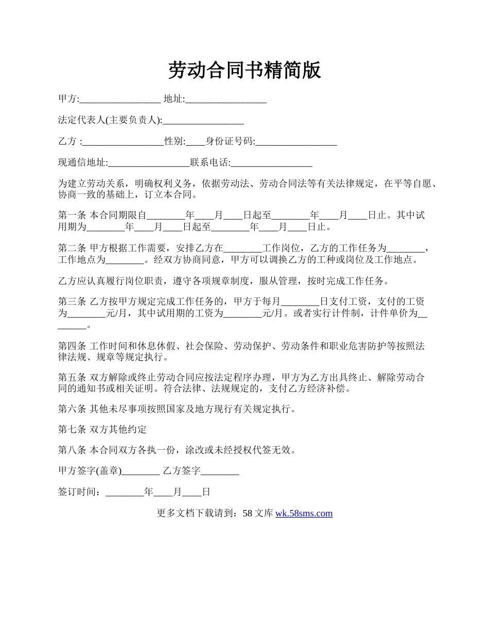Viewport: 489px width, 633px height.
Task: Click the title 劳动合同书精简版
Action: coord(244,71)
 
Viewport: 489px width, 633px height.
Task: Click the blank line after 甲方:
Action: coord(120,99)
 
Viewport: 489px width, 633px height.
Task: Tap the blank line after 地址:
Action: coord(225,99)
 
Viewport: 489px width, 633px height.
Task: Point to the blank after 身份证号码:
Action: coord(296,142)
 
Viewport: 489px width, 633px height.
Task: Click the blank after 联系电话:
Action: coord(271,163)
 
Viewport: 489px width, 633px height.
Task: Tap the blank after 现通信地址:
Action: coord(149,163)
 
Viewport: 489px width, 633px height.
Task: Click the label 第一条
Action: coord(72,216)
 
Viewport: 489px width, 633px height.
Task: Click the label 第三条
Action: coord(72,302)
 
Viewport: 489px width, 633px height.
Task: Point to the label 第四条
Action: coord(72,345)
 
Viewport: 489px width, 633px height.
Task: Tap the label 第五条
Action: coord(72,377)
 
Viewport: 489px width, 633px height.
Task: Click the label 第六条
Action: coord(72,409)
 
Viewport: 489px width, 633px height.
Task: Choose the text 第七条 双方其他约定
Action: coord(102,430)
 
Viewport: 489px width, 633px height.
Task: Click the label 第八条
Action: coord(72,450)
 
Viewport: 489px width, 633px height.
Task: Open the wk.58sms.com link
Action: coord(304,513)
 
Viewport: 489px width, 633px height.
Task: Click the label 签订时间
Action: coord(77,492)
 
